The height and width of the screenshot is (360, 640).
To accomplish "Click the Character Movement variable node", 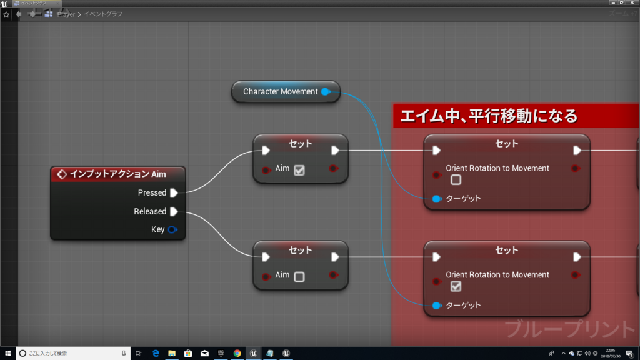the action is [x=281, y=91].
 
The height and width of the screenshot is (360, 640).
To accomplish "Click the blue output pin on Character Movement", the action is [x=325, y=92].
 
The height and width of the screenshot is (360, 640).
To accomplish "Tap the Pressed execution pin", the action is [x=174, y=192].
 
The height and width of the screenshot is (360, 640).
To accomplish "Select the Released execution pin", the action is [x=174, y=211].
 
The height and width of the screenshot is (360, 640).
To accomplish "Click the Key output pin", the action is [x=172, y=229].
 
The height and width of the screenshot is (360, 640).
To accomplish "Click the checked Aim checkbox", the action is [x=299, y=169].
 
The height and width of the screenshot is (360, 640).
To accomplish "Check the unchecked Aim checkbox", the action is [x=299, y=276].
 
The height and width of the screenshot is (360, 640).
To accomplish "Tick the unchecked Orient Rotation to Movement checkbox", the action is [x=456, y=180].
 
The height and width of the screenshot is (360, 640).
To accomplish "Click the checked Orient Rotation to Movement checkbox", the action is [x=456, y=286].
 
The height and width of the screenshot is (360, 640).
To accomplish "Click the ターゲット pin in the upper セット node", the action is [x=437, y=199].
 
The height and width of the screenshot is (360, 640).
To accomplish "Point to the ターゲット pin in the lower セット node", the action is [x=437, y=305].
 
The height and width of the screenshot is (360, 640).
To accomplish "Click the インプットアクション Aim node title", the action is [x=117, y=174].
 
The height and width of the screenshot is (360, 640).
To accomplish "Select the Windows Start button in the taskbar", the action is [x=8, y=353].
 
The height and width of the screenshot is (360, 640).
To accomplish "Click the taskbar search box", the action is [x=72, y=353].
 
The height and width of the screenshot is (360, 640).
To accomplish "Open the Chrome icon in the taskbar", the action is [x=237, y=353].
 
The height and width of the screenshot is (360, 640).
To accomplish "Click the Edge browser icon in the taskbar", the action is [x=156, y=353].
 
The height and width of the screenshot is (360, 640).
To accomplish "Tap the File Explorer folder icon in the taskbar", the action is [x=172, y=353].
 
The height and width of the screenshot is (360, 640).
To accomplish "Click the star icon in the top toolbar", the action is [x=6, y=14].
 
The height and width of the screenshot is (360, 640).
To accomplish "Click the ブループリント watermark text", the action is [x=570, y=329].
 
